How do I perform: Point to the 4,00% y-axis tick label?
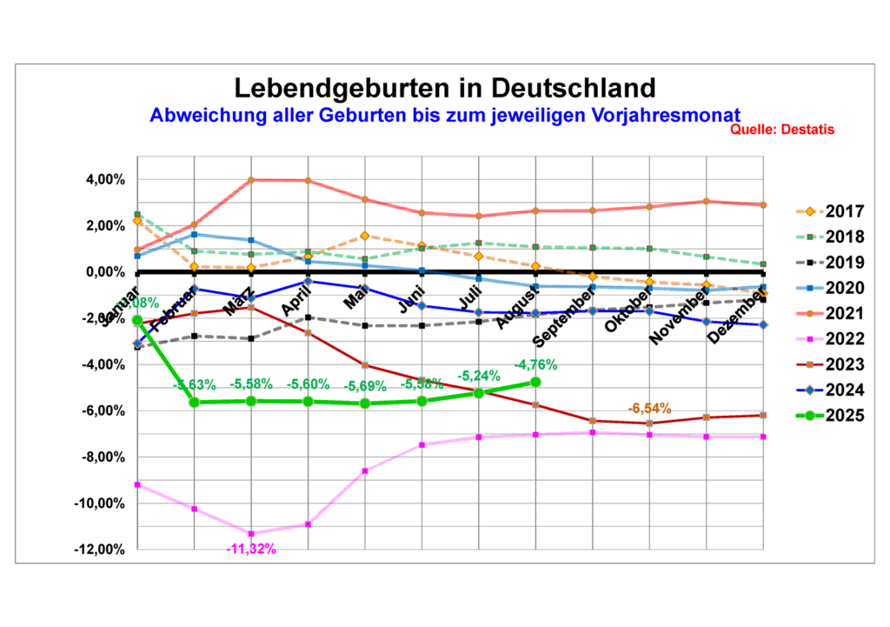coord(105,180)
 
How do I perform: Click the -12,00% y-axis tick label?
coord(102,550)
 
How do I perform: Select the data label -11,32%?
coord(250,549)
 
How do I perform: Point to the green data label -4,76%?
coord(535,365)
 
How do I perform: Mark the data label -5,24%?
coord(479,377)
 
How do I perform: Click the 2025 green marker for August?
coord(535,382)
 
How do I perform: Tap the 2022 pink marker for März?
coord(251,533)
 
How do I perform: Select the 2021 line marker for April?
coord(308,181)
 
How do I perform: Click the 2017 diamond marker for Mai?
coord(365,236)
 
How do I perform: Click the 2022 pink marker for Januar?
coord(137,484)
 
